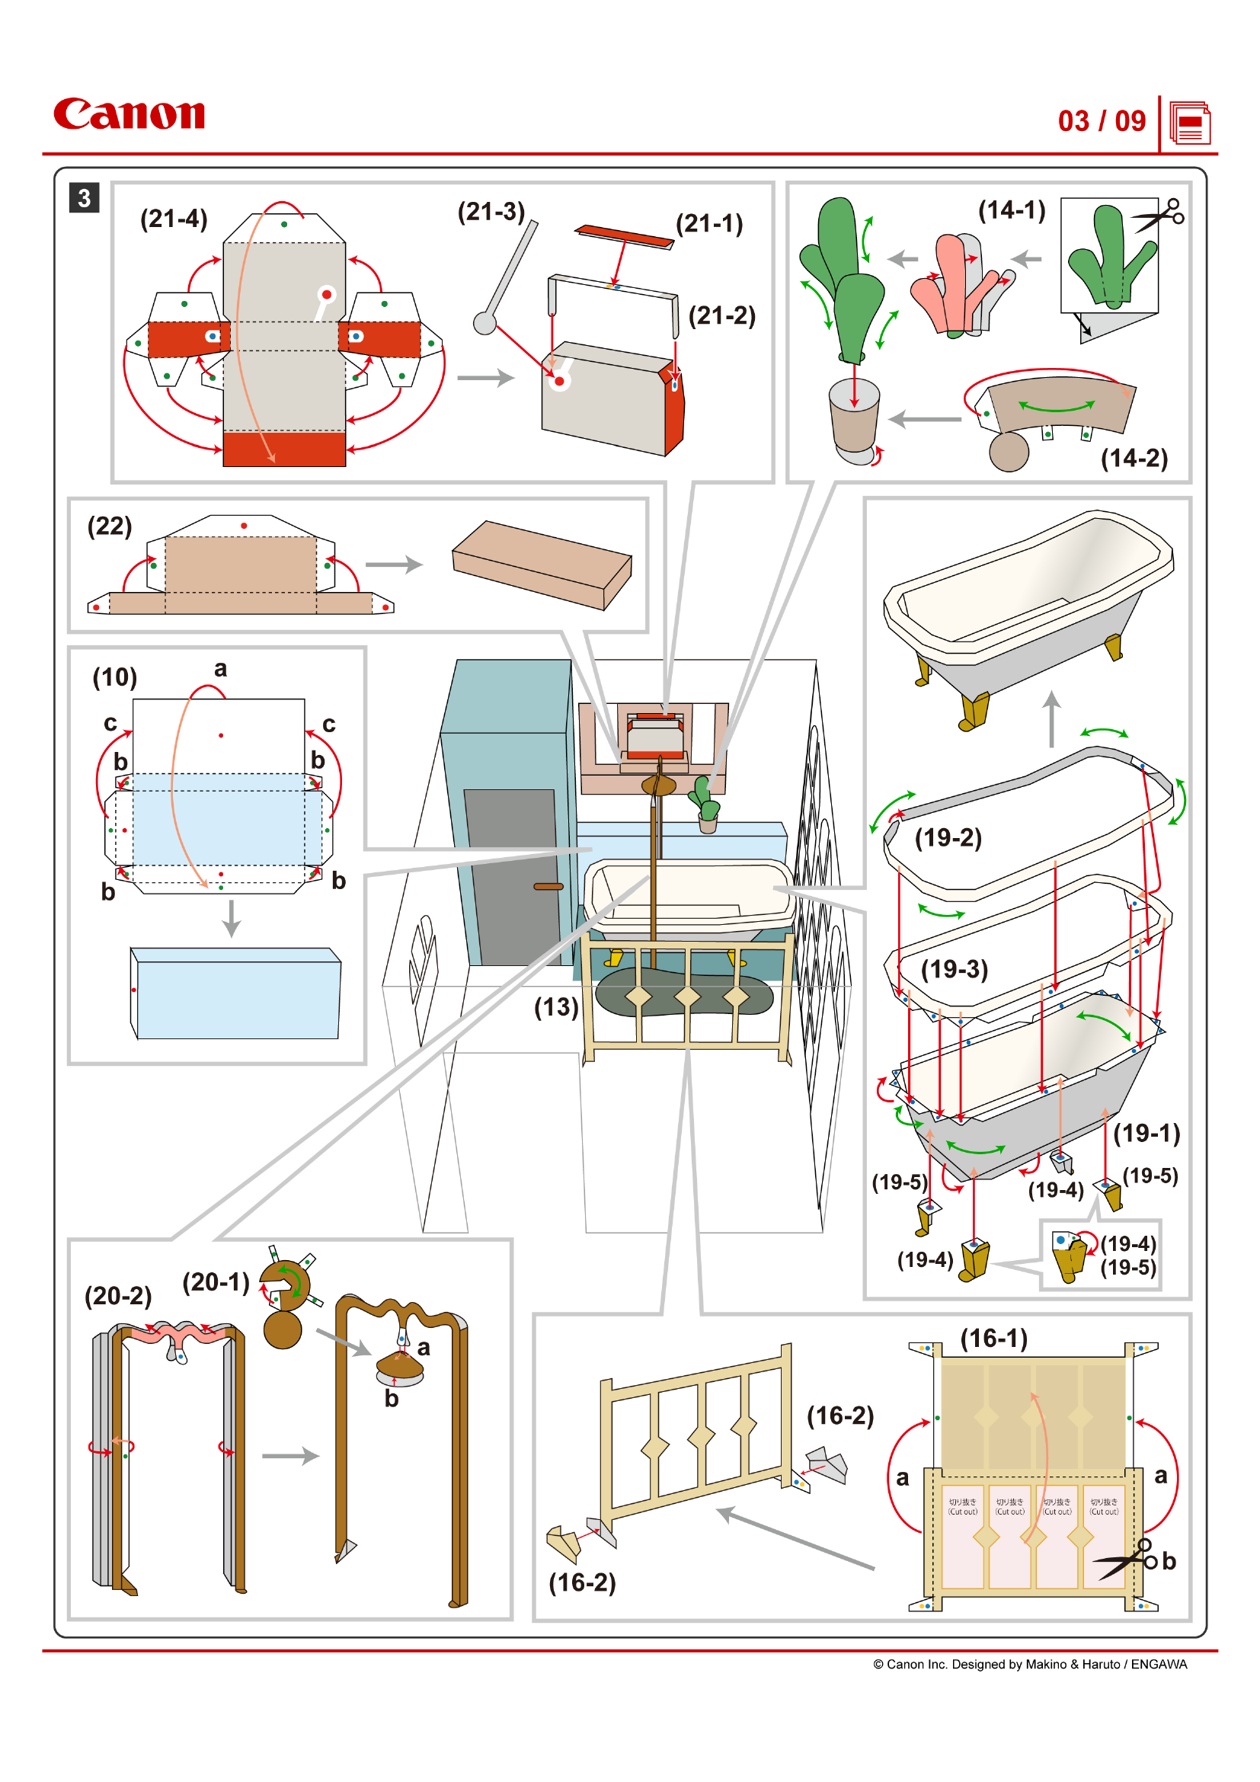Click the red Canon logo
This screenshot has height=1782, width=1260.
(x=129, y=114)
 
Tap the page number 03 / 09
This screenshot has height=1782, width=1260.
(x=1101, y=121)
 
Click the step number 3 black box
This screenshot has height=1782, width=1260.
(x=84, y=198)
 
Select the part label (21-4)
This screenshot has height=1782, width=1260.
(x=174, y=219)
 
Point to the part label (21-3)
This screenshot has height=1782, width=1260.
(x=491, y=211)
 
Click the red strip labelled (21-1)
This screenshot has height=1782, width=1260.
(x=624, y=237)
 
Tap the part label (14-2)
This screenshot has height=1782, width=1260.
(x=1134, y=458)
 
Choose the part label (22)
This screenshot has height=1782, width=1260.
(x=110, y=526)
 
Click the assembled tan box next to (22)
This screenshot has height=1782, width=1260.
(x=542, y=565)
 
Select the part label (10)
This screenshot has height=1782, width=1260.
(x=115, y=677)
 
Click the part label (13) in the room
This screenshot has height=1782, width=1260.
(x=555, y=1007)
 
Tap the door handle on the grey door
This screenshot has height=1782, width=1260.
(x=548, y=886)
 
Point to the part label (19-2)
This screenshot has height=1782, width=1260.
(x=948, y=837)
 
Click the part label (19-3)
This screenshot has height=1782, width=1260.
(x=955, y=969)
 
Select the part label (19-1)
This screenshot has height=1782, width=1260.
(x=1146, y=1133)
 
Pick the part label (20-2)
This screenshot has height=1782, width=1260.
(x=118, y=1295)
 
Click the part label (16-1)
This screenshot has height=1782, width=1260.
(x=994, y=1338)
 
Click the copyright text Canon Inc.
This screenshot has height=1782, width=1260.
(x=1030, y=1664)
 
